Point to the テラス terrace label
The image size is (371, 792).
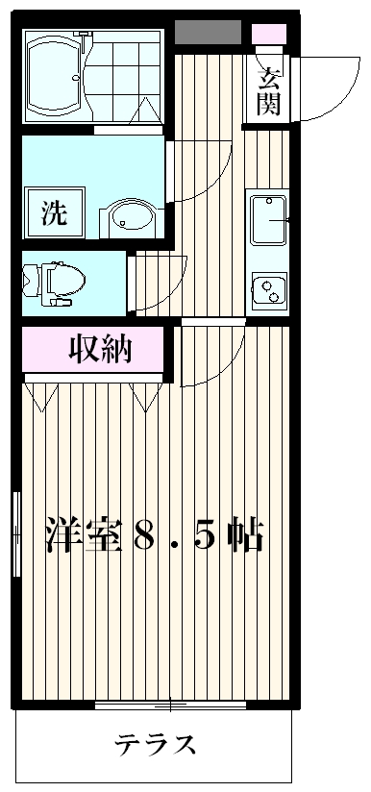[157, 745]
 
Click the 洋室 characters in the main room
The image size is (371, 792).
[85, 535]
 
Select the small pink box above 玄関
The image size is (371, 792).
[268, 34]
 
